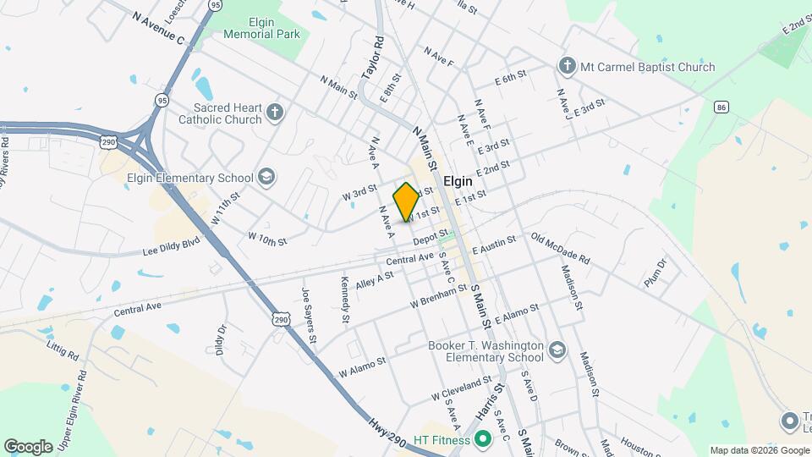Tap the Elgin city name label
pyautogui.click(x=458, y=181)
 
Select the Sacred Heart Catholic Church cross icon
pyautogui.click(x=274, y=113)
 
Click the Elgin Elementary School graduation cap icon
pyautogui.click(x=266, y=177)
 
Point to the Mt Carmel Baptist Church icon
pyautogui.click(x=566, y=66)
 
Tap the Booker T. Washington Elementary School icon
pyautogui.click(x=557, y=350)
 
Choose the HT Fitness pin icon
pyautogui.click(x=483, y=439)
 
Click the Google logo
pyautogui.click(x=29, y=446)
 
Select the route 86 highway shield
pyautogui.click(x=721, y=107)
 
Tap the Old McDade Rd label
pyautogui.click(x=560, y=248)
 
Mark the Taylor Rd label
pyautogui.click(x=372, y=57)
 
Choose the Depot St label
pyautogui.click(x=431, y=241)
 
